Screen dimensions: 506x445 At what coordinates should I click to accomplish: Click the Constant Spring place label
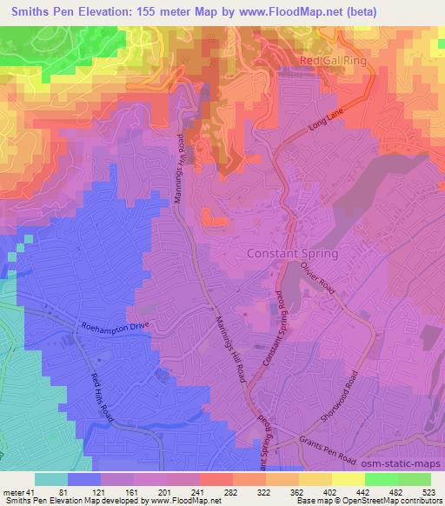click(292, 254)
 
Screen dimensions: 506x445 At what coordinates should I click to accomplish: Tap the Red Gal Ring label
click(333, 61)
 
